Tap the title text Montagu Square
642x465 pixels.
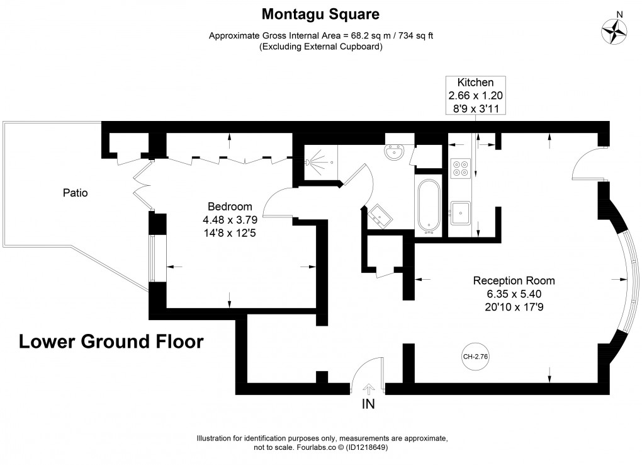pyautogui.click(x=321, y=13)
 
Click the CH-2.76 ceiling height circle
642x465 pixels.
pyautogui.click(x=475, y=356)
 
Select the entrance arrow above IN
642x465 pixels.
pyautogui.click(x=368, y=389)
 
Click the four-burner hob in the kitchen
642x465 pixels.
pyautogui.click(x=461, y=164)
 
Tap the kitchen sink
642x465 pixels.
pyautogui.click(x=461, y=212)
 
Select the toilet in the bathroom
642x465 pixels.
pyautogui.click(x=397, y=151)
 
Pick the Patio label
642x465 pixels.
pyautogui.click(x=75, y=193)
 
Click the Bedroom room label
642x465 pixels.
pyautogui.click(x=230, y=207)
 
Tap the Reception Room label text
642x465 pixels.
pyautogui.click(x=514, y=281)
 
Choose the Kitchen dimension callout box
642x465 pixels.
pyautogui.click(x=475, y=95)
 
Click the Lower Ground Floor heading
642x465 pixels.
pyautogui.click(x=111, y=342)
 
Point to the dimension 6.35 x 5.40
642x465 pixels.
pyautogui.click(x=514, y=294)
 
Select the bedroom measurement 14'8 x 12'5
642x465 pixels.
pyautogui.click(x=230, y=233)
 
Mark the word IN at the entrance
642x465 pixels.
pyautogui.click(x=368, y=405)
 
